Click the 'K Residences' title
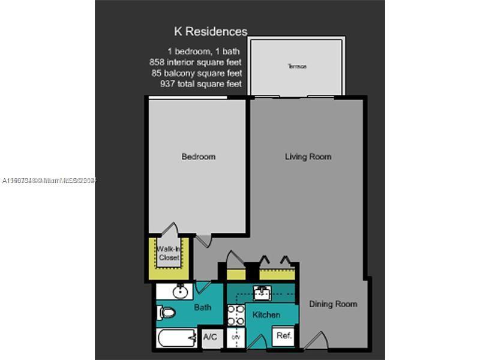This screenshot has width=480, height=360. tap(210, 32)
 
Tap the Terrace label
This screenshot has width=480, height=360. tap(296, 66)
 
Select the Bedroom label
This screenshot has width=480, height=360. tap(198, 157)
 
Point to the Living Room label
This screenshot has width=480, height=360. tap(308, 157)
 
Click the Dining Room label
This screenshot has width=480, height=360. tap(333, 304)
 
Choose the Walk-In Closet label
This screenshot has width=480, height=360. tap(169, 253)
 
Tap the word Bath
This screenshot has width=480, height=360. tap(202, 308)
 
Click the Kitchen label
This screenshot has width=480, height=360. tap(266, 314)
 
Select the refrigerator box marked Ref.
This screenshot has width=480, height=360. tap(284, 336)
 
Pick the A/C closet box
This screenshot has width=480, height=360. tap(210, 337)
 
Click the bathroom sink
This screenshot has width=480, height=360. tap(179, 292)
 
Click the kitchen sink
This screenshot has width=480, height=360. tap(262, 293)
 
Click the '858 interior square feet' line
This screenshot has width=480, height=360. tap(195, 62)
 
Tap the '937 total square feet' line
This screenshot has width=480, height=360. tap(200, 83)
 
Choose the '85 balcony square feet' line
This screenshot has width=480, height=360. tap(197, 73)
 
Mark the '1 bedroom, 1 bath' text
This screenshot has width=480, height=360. tap(204, 51)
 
